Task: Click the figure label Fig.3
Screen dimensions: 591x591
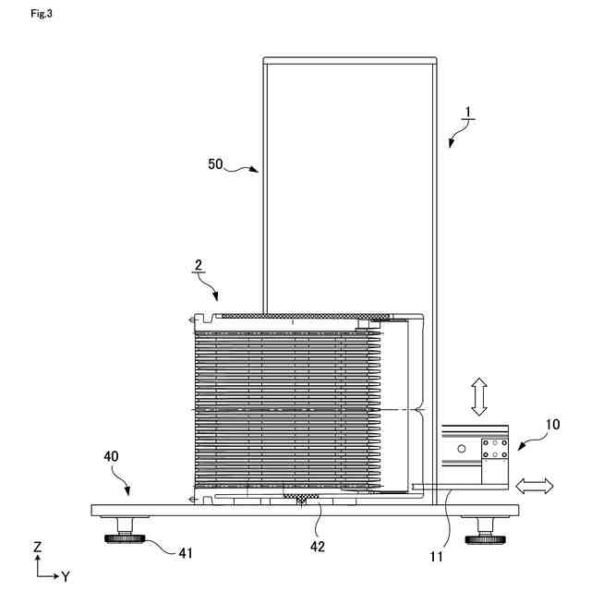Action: click(x=42, y=13)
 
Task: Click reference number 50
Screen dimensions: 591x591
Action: click(x=215, y=164)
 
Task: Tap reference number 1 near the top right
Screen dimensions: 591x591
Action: click(x=468, y=114)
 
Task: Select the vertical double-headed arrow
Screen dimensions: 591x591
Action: click(x=478, y=395)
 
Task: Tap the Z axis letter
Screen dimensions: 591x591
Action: click(x=37, y=548)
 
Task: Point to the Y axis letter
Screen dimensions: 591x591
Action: click(x=66, y=576)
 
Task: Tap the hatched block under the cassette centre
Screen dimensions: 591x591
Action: click(x=303, y=499)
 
